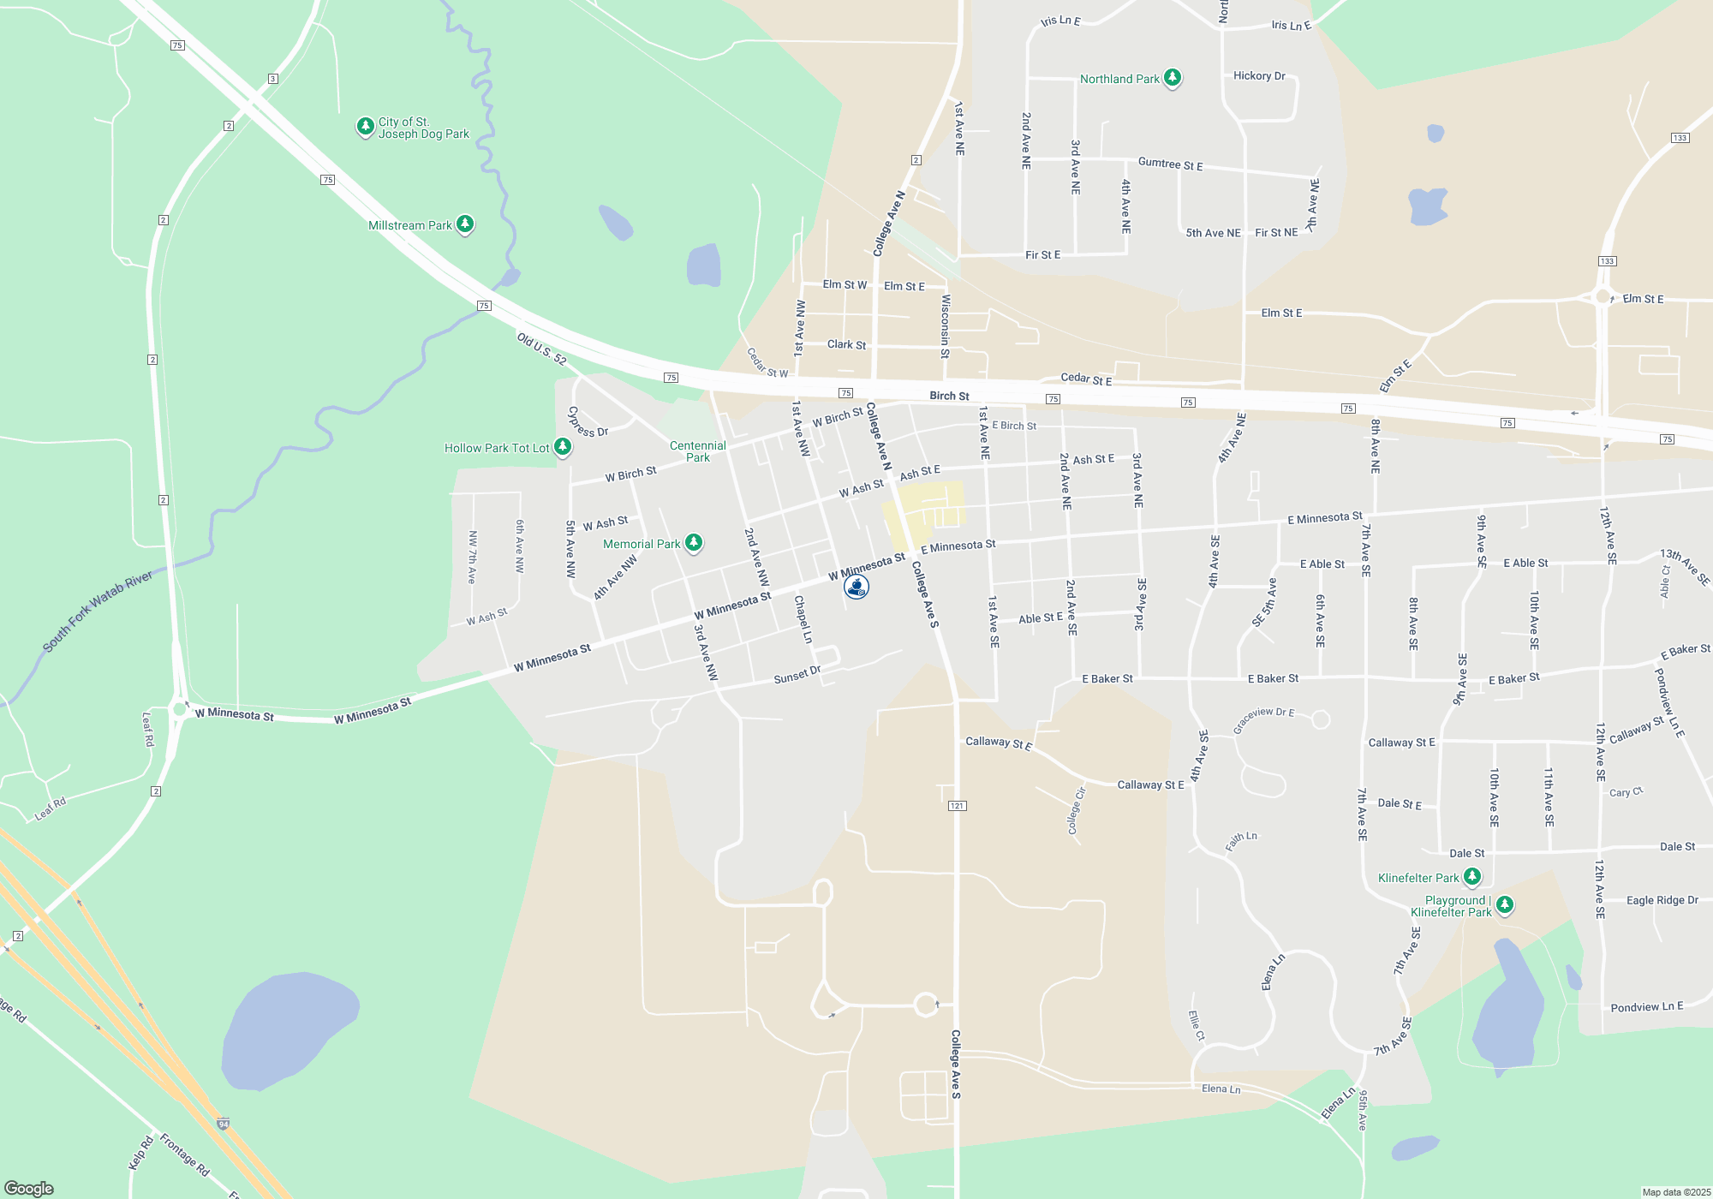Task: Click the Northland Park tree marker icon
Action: [1173, 78]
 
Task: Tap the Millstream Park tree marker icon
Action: [465, 224]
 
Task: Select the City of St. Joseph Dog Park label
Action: [423, 128]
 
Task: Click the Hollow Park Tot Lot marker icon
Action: [563, 446]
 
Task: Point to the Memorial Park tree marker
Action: [694, 542]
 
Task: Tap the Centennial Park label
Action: [697, 451]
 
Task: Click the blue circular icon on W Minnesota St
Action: [856, 587]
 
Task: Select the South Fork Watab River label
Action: [98, 611]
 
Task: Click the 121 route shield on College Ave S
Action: [958, 806]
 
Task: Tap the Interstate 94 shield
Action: [223, 1124]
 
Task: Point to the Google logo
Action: [29, 1188]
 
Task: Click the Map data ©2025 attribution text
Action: [1676, 1192]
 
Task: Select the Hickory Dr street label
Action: [1259, 76]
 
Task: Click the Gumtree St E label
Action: [1170, 164]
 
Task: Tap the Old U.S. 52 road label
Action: [541, 349]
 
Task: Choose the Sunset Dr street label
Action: [797, 676]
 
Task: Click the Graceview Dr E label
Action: [1263, 719]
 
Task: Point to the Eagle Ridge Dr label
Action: [1662, 900]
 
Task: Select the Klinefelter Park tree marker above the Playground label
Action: [1472, 876]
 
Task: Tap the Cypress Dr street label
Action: [588, 421]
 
